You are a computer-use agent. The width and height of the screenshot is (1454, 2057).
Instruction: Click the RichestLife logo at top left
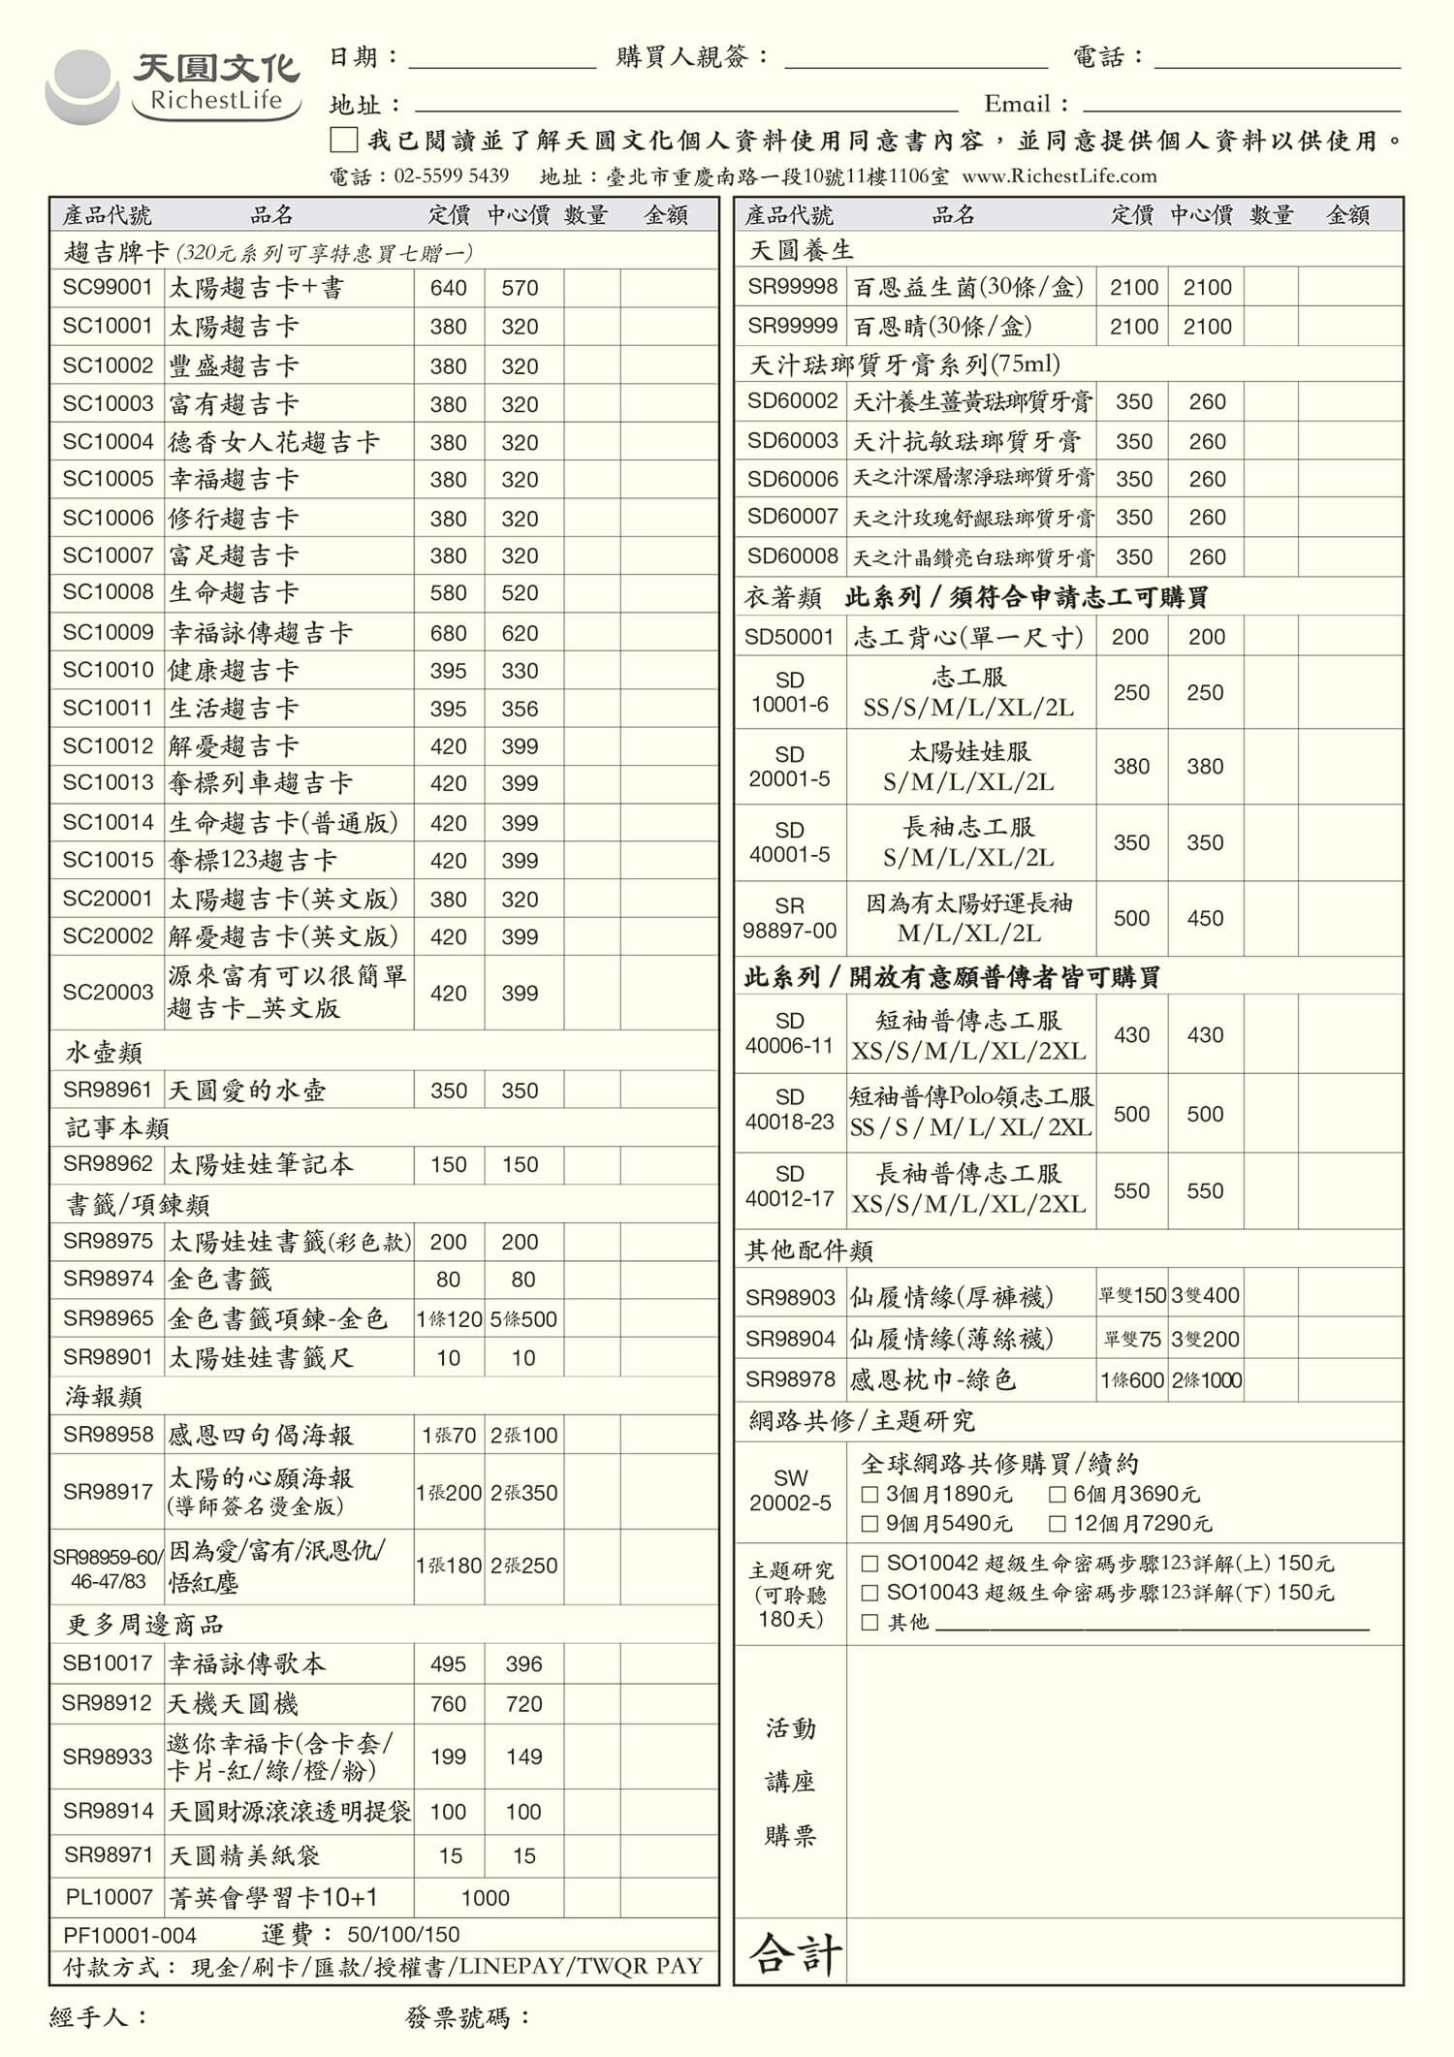pyautogui.click(x=173, y=85)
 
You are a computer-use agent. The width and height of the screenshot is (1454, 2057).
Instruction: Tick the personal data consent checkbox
pyautogui.click(x=343, y=141)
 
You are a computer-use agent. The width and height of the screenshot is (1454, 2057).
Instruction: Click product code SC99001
pyautogui.click(x=108, y=287)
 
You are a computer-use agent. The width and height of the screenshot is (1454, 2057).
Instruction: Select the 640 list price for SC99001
pyautogui.click(x=448, y=288)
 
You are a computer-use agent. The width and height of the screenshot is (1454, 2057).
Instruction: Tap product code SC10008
pyautogui.click(x=108, y=591)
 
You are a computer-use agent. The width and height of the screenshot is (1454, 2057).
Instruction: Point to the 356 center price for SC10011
pyautogui.click(x=520, y=709)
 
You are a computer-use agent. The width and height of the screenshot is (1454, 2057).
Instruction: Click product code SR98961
pyautogui.click(x=108, y=1090)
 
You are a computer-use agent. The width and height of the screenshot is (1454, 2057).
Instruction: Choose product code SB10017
pyautogui.click(x=108, y=1663)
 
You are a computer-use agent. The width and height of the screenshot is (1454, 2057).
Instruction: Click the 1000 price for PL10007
pyautogui.click(x=485, y=1897)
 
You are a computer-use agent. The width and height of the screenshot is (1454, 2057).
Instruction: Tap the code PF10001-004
pyautogui.click(x=130, y=1935)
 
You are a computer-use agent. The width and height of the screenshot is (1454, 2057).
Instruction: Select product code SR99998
pyautogui.click(x=792, y=287)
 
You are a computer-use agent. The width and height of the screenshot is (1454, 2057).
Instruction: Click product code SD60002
pyautogui.click(x=792, y=400)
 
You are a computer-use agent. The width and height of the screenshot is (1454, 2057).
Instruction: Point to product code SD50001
pyautogui.click(x=789, y=637)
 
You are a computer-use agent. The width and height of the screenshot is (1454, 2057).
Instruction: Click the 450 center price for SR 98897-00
pyautogui.click(x=1205, y=918)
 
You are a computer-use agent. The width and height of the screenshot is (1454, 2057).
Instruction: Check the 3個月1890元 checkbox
pyautogui.click(x=869, y=1494)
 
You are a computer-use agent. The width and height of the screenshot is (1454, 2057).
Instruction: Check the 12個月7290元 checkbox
pyautogui.click(x=1058, y=1523)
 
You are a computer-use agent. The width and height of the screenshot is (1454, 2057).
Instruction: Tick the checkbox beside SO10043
pyautogui.click(x=869, y=1592)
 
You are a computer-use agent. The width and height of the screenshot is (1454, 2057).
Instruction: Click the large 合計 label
pyautogui.click(x=795, y=1952)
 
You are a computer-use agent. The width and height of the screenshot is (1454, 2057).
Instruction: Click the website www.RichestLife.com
pyautogui.click(x=1059, y=175)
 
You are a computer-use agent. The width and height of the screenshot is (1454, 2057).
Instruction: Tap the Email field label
pyautogui.click(x=1026, y=104)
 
